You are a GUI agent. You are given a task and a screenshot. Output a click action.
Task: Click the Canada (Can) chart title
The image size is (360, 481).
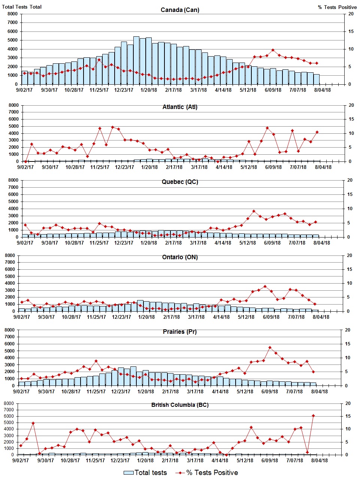coord(180,10)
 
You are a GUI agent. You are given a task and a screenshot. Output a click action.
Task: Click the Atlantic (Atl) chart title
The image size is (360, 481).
coord(180,107)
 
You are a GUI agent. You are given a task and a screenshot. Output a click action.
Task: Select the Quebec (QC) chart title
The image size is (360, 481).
coord(180,182)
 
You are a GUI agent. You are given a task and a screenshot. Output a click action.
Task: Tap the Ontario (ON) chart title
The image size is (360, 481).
coord(180,257)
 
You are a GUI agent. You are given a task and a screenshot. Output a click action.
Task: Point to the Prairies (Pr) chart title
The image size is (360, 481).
coord(180,332)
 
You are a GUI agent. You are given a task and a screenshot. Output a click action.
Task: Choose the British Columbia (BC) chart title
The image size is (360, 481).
coord(180,405)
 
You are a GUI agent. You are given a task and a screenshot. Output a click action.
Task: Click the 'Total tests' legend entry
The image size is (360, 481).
coord(146,473)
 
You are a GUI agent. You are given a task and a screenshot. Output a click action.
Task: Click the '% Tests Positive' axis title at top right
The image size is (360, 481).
coord(337,7)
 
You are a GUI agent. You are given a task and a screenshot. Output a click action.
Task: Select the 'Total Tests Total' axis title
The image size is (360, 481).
coord(22,7)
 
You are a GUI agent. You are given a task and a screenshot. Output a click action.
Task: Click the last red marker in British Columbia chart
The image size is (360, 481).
coord(313,415)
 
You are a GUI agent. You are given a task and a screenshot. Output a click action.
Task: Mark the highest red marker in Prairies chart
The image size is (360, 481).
coord(270,347)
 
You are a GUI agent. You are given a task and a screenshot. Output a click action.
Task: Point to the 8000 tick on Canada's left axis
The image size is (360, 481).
coord(12,14)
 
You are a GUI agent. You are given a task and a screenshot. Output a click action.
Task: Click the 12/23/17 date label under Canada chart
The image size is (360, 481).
coord(124,90)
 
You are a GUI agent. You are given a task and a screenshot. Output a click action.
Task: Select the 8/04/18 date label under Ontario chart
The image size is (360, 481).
coord(321,317)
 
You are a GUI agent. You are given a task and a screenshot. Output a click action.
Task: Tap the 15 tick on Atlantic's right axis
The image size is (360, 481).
coord(351,119)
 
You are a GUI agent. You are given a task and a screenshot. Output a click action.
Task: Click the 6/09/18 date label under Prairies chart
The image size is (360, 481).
coord(269,391)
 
